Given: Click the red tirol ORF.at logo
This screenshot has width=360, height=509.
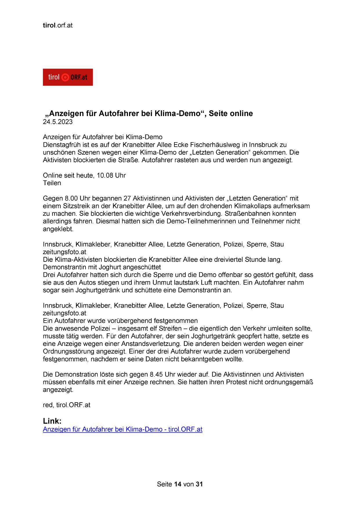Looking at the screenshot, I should point(68,77).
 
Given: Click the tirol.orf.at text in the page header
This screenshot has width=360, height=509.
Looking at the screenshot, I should point(58,25).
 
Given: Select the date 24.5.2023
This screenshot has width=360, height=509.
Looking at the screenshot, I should point(58,122).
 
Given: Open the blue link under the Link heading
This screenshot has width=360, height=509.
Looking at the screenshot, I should point(122,429).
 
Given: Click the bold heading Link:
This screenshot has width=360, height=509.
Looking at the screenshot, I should point(52,421).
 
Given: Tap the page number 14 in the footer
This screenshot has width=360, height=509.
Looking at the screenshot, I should point(178,484).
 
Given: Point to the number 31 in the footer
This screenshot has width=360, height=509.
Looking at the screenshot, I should point(199,484).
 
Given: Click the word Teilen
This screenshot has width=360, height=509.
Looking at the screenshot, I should point(52,183).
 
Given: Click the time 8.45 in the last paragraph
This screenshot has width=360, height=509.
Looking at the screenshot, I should point(156,375).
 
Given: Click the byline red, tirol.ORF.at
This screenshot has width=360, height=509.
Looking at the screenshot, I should point(66,405).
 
